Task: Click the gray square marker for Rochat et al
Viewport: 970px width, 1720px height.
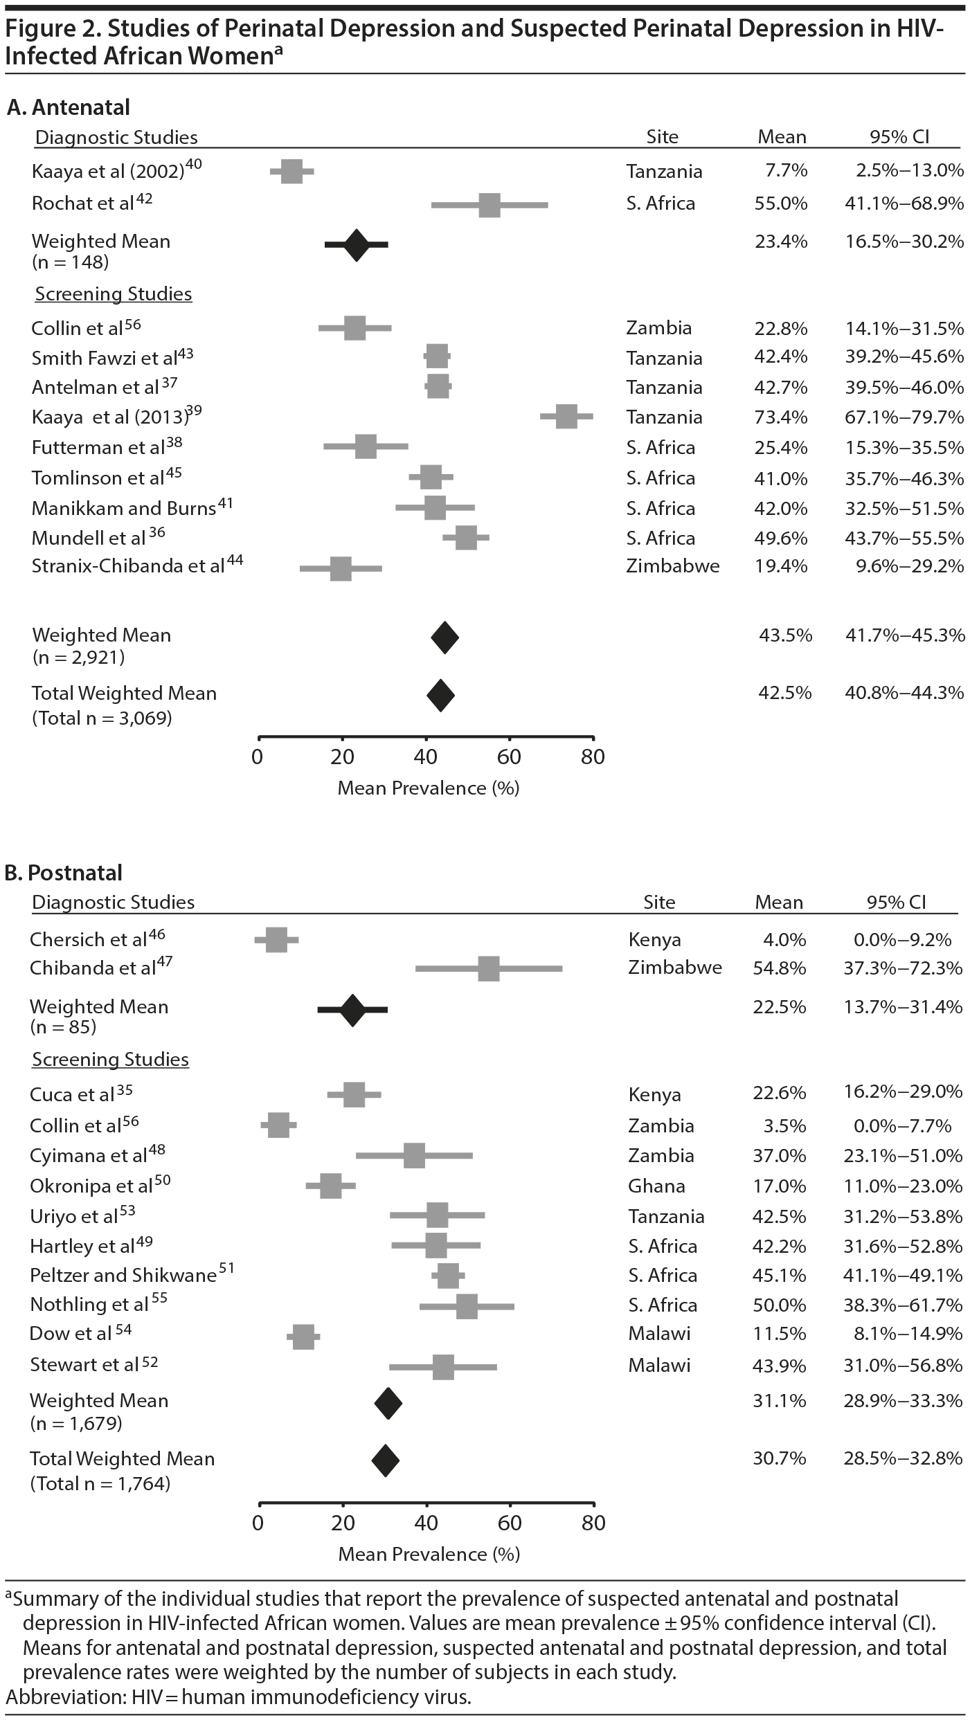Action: tap(490, 206)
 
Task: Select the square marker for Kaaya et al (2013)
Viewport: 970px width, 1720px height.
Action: tap(566, 417)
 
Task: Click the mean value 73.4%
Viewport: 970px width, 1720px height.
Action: tap(780, 417)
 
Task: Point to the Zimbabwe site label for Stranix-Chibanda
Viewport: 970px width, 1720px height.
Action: tap(672, 566)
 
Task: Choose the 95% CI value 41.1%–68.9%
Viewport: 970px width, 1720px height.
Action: tap(904, 203)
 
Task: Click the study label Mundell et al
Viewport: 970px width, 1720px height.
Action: tap(89, 538)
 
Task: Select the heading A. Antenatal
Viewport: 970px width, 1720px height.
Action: tap(68, 107)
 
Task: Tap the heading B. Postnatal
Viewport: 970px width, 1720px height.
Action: tap(64, 873)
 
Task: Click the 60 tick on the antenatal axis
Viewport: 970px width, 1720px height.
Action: tap(510, 757)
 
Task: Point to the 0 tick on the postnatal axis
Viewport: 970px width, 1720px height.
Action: tap(258, 1523)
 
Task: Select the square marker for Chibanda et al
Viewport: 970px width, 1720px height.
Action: tap(489, 968)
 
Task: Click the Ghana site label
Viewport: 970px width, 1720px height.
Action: tap(656, 1186)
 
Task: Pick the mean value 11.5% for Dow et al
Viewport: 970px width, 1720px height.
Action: tap(779, 1334)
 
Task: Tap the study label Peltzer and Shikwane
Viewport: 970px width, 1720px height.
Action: tap(123, 1276)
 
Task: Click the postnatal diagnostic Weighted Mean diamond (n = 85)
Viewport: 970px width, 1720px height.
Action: tap(352, 1010)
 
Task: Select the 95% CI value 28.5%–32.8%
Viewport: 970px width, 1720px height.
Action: tap(903, 1458)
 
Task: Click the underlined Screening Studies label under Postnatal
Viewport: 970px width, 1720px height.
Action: tap(110, 1060)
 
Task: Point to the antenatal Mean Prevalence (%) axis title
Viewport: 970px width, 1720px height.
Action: tap(428, 788)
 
